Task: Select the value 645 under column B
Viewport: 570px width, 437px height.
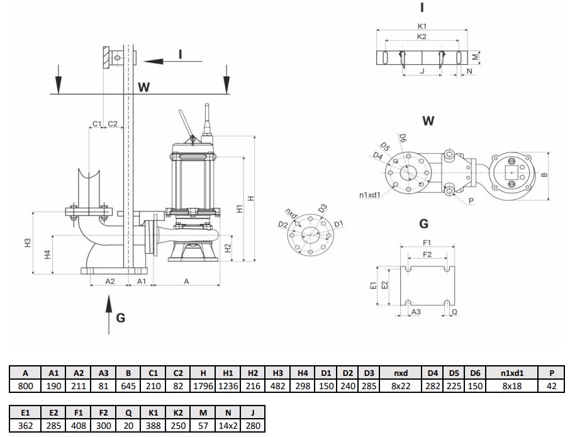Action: tap(128, 386)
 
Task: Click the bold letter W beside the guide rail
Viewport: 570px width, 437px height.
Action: tap(144, 87)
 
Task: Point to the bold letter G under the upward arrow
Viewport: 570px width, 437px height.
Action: tap(121, 318)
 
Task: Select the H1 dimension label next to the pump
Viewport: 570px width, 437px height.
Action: tap(240, 208)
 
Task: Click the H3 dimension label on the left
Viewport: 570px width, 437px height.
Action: tap(27, 242)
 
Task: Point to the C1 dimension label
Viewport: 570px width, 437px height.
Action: tap(97, 123)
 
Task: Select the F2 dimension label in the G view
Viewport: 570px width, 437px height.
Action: tap(427, 254)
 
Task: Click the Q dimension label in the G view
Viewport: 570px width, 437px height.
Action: tap(455, 311)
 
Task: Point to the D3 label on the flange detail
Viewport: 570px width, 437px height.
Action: tap(322, 208)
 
